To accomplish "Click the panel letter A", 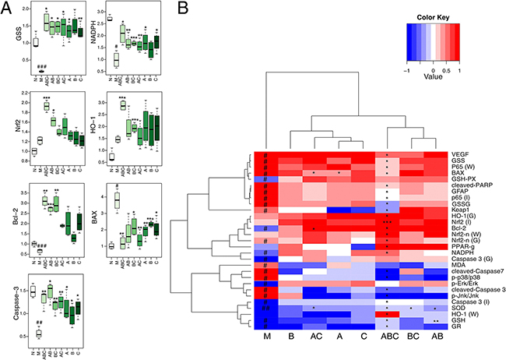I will coord(7,7).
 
